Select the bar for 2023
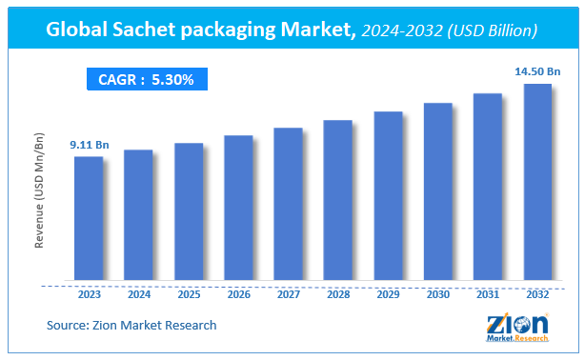(89, 219)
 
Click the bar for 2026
(238, 209)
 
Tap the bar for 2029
(388, 196)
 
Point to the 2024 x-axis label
(138, 295)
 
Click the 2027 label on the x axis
(288, 295)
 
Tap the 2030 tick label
(437, 295)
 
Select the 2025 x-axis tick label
(189, 295)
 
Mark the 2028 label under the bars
(338, 295)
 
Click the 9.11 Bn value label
(89, 145)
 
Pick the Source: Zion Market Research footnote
(131, 326)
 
